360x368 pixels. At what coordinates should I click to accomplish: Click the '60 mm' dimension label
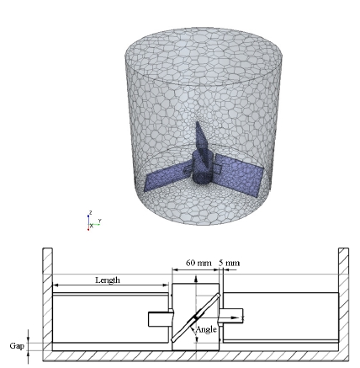199,263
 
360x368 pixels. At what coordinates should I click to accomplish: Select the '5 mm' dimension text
229,263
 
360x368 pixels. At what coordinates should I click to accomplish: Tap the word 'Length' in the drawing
108,280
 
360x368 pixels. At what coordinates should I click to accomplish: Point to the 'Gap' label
17,346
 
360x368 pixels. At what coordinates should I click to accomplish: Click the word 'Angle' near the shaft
206,329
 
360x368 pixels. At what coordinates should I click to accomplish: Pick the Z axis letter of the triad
91,212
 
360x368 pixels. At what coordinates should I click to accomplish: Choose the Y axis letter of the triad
100,221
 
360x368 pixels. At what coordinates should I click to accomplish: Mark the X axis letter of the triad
92,227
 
